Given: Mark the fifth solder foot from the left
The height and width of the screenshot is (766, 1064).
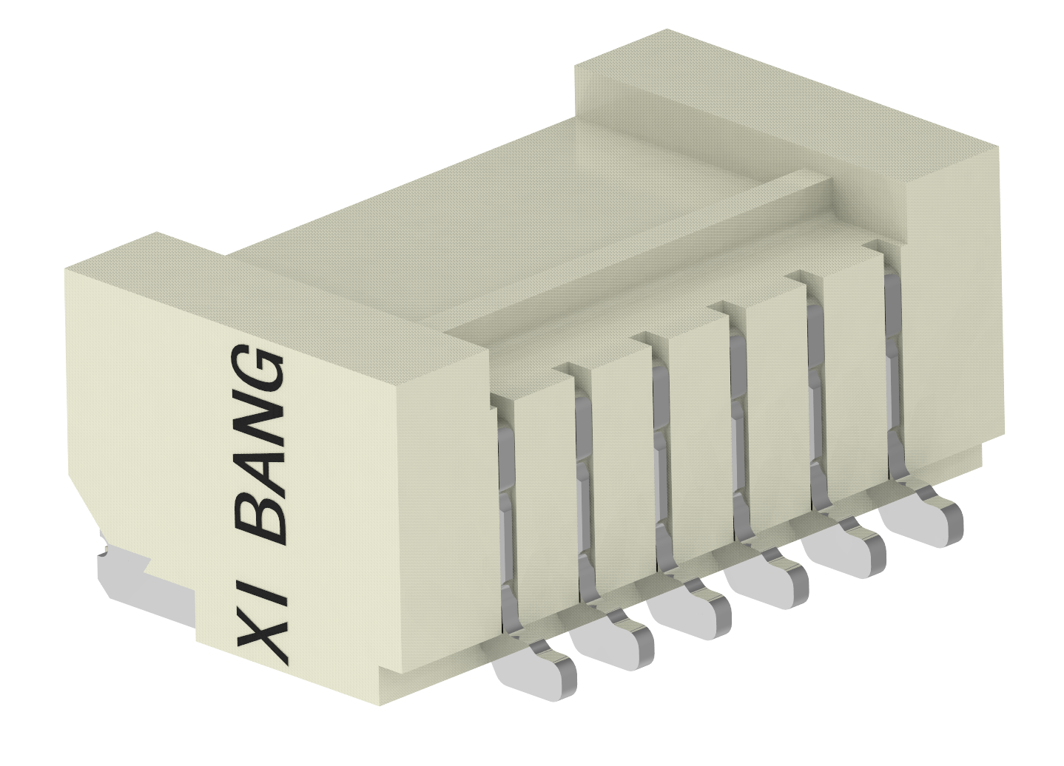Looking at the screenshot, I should pyautogui.click(x=847, y=548).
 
